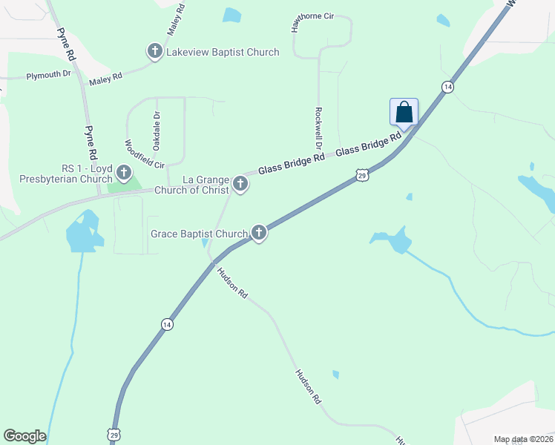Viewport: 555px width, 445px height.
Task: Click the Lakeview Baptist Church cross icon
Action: (x=155, y=52)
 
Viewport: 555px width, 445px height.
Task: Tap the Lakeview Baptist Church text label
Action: (x=223, y=52)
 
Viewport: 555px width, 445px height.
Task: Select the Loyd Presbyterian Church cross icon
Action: (x=123, y=174)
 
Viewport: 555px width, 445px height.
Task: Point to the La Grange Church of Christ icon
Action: (x=240, y=182)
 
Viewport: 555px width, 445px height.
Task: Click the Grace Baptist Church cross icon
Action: (x=259, y=233)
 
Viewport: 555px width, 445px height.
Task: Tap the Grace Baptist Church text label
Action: (x=199, y=234)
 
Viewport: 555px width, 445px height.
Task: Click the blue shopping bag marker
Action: (x=404, y=113)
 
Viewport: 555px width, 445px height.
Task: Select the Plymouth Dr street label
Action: (x=48, y=76)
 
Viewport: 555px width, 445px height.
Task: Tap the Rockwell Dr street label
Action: (x=318, y=128)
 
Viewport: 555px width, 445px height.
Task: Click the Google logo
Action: (x=24, y=436)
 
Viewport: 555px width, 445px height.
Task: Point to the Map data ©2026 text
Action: (x=522, y=439)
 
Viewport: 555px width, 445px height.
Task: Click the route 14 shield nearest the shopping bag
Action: (x=447, y=87)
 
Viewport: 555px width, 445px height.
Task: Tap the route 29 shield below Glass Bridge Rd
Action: (x=361, y=175)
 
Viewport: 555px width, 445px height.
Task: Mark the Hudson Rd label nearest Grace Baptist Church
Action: (x=232, y=283)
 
